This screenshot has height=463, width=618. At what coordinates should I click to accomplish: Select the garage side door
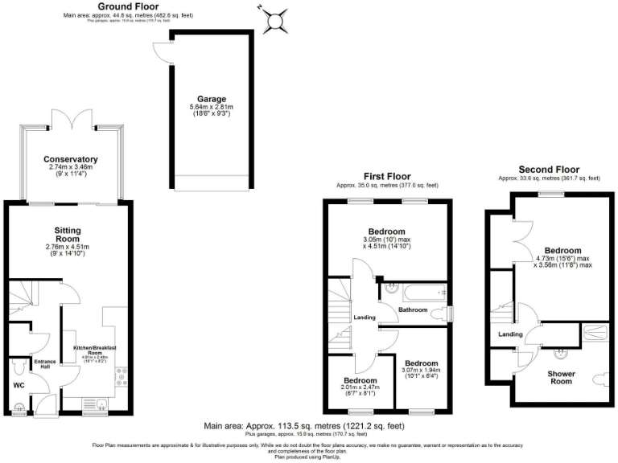(163, 50)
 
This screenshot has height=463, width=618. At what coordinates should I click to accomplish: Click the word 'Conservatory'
(72, 159)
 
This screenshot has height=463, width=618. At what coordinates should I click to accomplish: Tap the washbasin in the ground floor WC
(20, 408)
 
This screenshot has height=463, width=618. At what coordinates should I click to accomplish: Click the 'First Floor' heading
(385, 176)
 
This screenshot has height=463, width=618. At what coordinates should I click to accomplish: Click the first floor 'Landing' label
(365, 318)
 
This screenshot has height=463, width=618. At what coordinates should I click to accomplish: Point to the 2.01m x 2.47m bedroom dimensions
(360, 388)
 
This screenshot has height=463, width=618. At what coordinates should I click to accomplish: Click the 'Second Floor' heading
(548, 170)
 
